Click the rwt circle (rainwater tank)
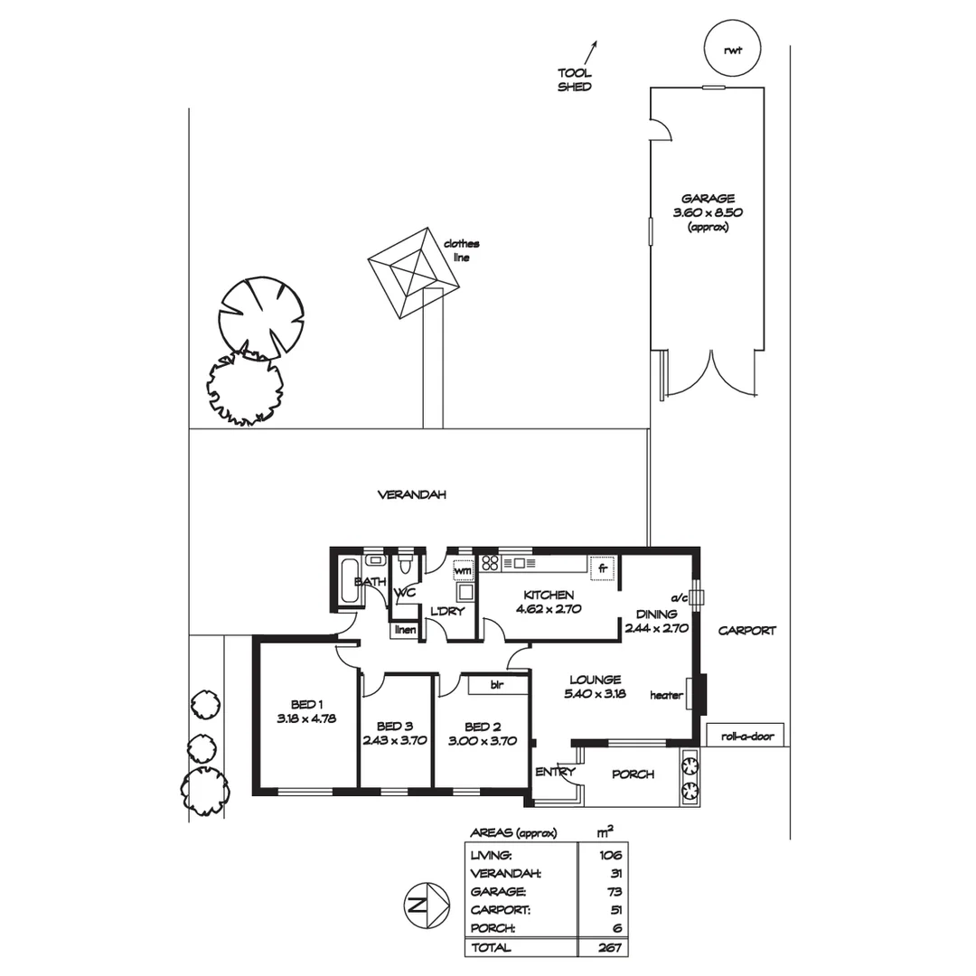[731, 49]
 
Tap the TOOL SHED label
[575, 80]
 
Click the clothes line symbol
[414, 271]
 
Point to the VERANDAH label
[412, 495]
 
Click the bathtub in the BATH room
[347, 580]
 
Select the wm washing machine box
[463, 570]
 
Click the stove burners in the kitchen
[491, 563]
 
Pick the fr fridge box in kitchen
[602, 569]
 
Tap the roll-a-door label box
[747, 736]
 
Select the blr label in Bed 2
[497, 685]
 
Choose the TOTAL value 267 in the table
[609, 947]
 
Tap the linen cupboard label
[404, 630]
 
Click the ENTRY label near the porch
[555, 772]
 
